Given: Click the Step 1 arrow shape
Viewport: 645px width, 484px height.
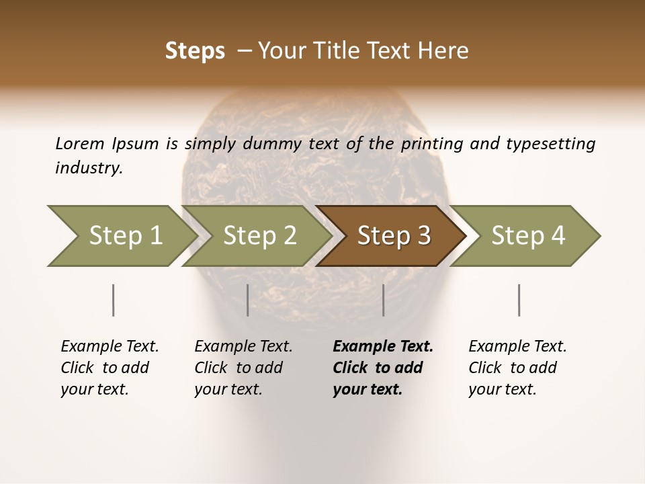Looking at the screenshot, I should [x=121, y=236].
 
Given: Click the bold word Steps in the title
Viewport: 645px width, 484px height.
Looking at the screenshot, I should [x=195, y=51].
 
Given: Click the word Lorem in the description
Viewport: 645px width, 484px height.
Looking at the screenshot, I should [x=79, y=143].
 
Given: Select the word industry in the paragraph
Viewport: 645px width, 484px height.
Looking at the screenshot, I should [x=88, y=167].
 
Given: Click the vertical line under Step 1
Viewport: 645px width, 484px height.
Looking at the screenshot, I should [x=114, y=300].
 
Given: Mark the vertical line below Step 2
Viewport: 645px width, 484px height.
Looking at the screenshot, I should [x=248, y=300].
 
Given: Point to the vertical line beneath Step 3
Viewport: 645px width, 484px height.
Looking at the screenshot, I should [x=384, y=300].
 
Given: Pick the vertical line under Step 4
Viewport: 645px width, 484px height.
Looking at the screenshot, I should [x=519, y=300].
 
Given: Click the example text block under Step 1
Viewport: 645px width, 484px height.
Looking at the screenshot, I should [x=110, y=368].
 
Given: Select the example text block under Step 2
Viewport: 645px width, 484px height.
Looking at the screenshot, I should [x=243, y=368].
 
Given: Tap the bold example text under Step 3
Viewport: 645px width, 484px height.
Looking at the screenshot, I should [x=383, y=368].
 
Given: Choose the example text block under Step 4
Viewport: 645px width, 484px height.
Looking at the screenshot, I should [x=517, y=368].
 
